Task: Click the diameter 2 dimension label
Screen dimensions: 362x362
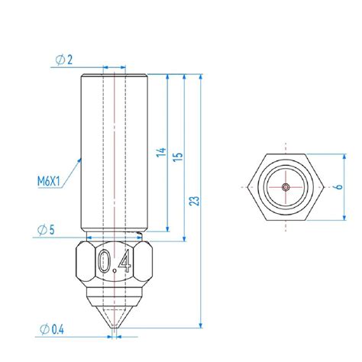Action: tap(65, 60)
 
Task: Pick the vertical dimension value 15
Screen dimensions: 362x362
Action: tap(178, 157)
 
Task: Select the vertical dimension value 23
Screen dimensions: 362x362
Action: tap(195, 201)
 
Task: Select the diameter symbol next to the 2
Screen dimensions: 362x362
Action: tap(58, 60)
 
